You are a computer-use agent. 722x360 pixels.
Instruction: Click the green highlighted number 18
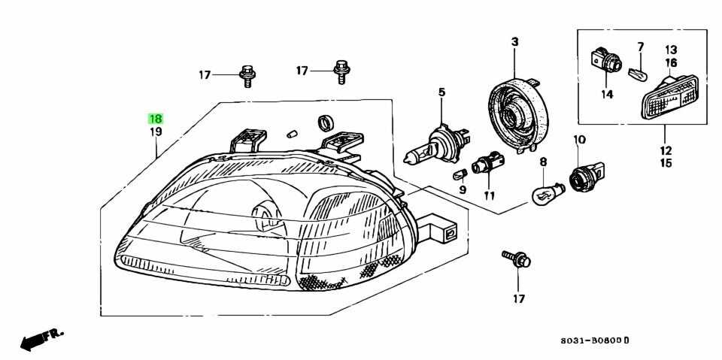coord(156,119)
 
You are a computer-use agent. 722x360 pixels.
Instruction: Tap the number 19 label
coord(156,132)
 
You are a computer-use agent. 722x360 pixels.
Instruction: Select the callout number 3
coord(515,42)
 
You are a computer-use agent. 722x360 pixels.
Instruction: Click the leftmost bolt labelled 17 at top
coord(246,74)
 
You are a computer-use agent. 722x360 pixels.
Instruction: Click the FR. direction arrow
coord(41,339)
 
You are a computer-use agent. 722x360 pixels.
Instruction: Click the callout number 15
coord(666,162)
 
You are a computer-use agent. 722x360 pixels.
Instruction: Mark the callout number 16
coord(671,62)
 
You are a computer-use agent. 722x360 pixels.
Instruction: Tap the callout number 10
coord(579,140)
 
